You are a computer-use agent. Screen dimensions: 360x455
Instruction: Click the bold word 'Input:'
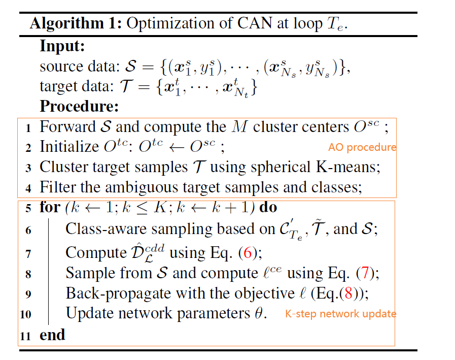(x=62, y=46)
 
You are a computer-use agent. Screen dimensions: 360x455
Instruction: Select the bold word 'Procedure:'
(x=79, y=107)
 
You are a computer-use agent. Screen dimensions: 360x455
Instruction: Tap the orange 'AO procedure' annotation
(x=362, y=147)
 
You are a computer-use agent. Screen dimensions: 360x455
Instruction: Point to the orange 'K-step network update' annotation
(x=340, y=314)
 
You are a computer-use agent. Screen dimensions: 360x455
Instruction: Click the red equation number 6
(x=248, y=252)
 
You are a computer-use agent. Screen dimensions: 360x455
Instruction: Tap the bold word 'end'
(x=52, y=335)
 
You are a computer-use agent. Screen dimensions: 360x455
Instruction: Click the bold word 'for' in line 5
(x=49, y=208)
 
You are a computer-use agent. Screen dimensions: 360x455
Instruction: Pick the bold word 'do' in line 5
(x=268, y=208)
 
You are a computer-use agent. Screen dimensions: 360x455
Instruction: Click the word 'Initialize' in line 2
(x=68, y=147)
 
